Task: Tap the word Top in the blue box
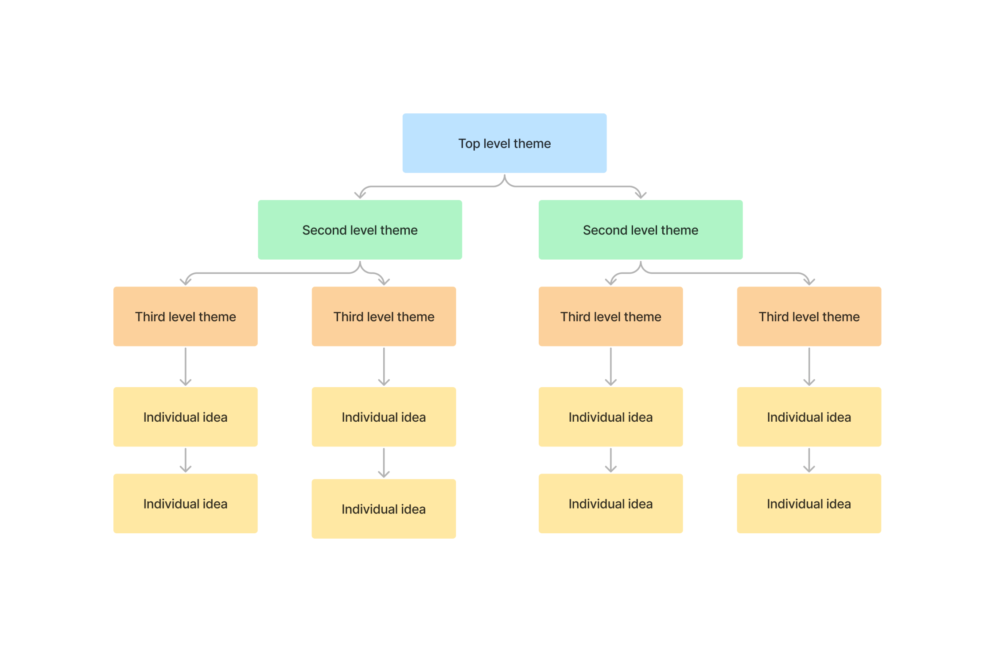tap(469, 144)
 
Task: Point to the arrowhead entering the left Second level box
tap(360, 195)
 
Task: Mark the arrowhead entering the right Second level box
tap(641, 195)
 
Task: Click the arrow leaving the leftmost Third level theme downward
tap(185, 366)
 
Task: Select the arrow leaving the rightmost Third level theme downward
tap(809, 366)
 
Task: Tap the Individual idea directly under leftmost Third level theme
tap(185, 417)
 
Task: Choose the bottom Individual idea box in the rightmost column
tap(808, 504)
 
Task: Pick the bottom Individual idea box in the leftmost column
tap(185, 504)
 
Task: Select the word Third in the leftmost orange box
tap(150, 317)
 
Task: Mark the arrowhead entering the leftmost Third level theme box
tap(186, 282)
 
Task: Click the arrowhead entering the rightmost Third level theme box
tap(809, 282)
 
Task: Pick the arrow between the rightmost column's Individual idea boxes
tap(809, 460)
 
